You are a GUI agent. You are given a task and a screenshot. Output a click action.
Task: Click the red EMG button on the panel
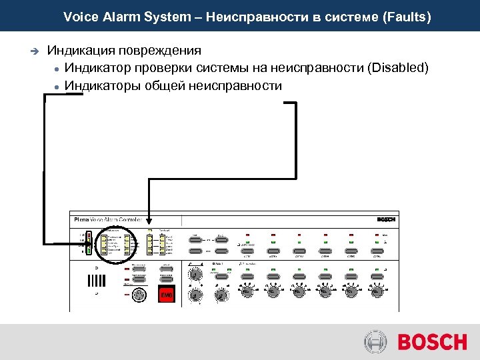tap(165, 295)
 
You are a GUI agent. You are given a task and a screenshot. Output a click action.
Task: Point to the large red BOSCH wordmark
tap(432, 342)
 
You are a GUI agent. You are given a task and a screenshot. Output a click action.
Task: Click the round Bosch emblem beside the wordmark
tap(375, 342)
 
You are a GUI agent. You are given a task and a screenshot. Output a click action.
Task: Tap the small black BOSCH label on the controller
tap(386, 219)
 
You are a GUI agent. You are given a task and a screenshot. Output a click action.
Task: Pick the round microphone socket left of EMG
tap(139, 295)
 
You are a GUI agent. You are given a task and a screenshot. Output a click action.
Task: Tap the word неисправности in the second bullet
tap(235, 85)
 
